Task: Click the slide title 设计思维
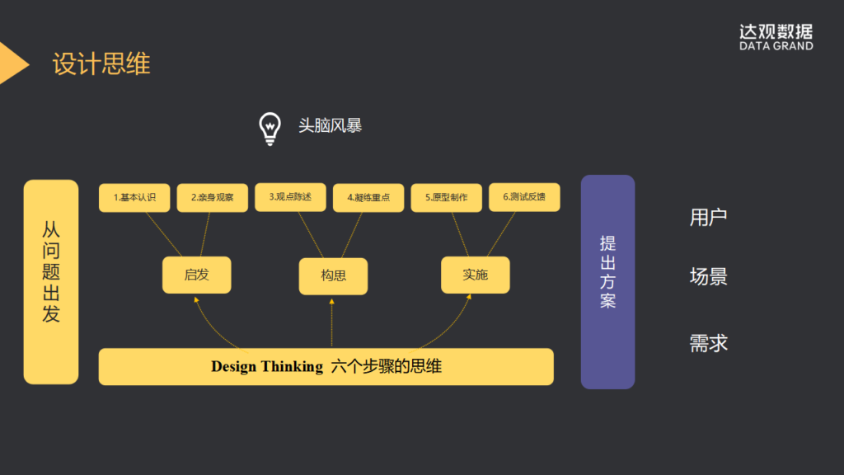click(101, 64)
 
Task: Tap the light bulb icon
click(270, 128)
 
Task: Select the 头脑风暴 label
click(330, 125)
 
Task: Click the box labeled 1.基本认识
click(134, 198)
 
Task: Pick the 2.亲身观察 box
click(212, 198)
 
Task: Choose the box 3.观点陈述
click(290, 197)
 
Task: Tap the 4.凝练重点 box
click(368, 198)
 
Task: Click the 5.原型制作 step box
click(446, 198)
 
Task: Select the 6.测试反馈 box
click(524, 197)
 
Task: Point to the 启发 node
click(196, 275)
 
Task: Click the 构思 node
click(333, 275)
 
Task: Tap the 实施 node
click(475, 275)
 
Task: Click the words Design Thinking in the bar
click(266, 367)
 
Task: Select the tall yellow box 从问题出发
click(51, 282)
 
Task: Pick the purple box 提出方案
click(607, 282)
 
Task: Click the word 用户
click(708, 218)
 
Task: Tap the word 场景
click(708, 276)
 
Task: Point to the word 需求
click(708, 343)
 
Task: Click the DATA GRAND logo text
click(776, 46)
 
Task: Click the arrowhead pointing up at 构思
click(332, 302)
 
